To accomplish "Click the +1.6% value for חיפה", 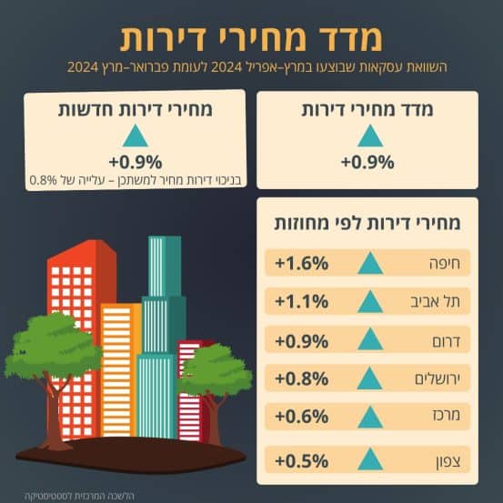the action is pos(302,263).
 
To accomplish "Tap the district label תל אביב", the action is pos(436,302).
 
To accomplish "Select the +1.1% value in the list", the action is pos(302,302).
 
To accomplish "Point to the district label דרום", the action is pos(447,341).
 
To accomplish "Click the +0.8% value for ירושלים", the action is pos(302,378).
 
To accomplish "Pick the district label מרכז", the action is pos(447,415).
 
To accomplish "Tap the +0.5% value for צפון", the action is pos(302,461).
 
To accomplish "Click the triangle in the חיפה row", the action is pos(370,264).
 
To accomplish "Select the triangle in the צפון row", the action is pos(370,459).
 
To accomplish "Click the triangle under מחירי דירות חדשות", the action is pos(136,136).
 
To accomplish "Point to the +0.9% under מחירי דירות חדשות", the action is pos(136,162).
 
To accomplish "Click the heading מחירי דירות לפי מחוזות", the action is pos(367,223).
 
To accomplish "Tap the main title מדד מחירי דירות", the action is pos(251,38).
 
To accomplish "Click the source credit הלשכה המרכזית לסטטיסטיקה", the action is pos(79,496).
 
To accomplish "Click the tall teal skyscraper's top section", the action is pos(165,267).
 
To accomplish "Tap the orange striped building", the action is pos(121,369).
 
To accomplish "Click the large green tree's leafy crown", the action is pos(53,345).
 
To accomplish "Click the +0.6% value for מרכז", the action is pos(302,417).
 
